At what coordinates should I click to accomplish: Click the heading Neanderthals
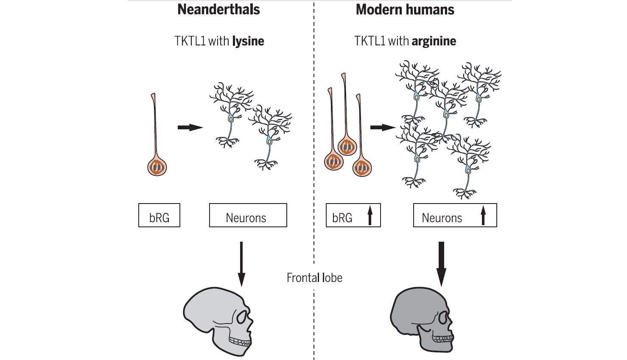click(218, 9)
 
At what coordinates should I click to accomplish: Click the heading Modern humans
click(405, 9)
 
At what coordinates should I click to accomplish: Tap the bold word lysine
click(248, 41)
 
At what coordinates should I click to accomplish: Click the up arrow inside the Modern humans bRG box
click(369, 215)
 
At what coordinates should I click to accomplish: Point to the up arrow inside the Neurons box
click(483, 215)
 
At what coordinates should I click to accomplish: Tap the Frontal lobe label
click(314, 278)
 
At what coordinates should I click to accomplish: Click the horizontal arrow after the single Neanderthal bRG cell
click(190, 127)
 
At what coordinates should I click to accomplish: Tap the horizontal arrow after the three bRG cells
click(382, 127)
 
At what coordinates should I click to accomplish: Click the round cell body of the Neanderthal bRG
click(157, 167)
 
